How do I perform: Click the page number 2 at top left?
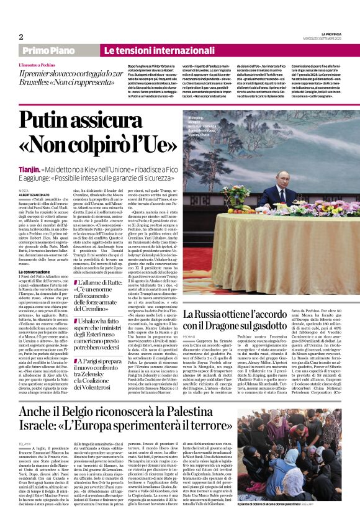pos(21,37)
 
